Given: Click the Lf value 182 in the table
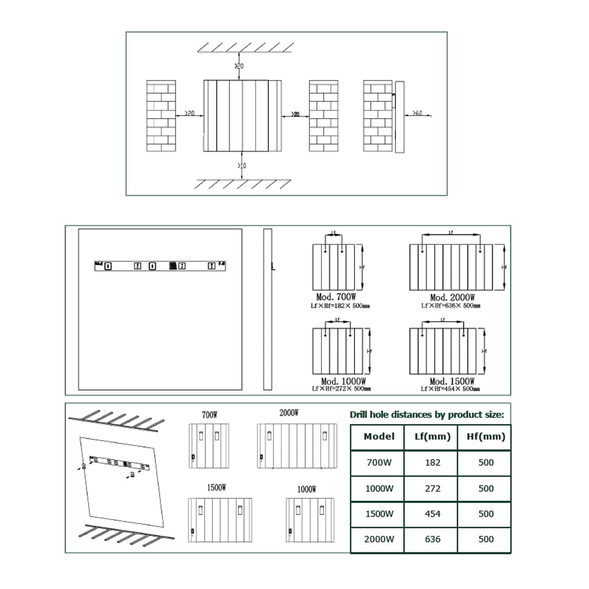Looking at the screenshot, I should (x=432, y=462).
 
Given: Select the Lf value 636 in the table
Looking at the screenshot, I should (x=432, y=539).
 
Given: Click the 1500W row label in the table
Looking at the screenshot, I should (x=379, y=514).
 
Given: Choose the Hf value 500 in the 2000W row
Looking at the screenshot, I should (x=486, y=539).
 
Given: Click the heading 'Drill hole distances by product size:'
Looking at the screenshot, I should (x=427, y=415).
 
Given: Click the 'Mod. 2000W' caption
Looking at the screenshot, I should (x=452, y=298).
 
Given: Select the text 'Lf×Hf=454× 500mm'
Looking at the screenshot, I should (x=451, y=389).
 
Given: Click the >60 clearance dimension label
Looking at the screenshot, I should (x=416, y=113).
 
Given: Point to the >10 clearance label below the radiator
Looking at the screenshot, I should (x=241, y=166).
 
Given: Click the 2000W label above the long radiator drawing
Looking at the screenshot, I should (x=289, y=413).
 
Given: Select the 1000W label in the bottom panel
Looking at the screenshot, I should (x=307, y=489).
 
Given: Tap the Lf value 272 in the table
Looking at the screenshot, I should (x=432, y=488).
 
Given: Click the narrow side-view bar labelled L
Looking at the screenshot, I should (x=267, y=309).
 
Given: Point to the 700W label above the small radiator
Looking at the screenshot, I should (x=210, y=415).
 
